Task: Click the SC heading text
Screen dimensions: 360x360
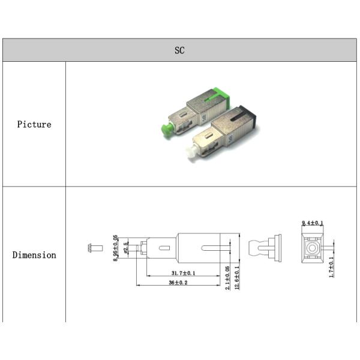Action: click(179, 50)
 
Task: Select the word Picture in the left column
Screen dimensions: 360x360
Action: click(34, 124)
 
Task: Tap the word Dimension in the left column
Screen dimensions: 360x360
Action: click(34, 255)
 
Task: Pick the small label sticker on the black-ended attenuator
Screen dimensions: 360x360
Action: click(230, 138)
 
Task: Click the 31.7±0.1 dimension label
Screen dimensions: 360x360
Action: click(183, 273)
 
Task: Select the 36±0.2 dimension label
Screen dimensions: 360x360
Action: click(178, 283)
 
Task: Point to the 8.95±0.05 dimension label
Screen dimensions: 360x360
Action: click(116, 248)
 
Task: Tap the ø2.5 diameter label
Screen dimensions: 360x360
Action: click(125, 248)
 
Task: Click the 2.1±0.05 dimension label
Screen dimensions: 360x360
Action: click(227, 278)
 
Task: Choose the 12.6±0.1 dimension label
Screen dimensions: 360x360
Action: click(237, 278)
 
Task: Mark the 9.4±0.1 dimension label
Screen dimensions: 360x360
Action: click(312, 223)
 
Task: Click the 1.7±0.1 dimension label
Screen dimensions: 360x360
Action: click(331, 267)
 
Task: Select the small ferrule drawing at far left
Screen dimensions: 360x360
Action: click(95, 248)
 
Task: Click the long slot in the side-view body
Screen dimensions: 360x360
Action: click(216, 248)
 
